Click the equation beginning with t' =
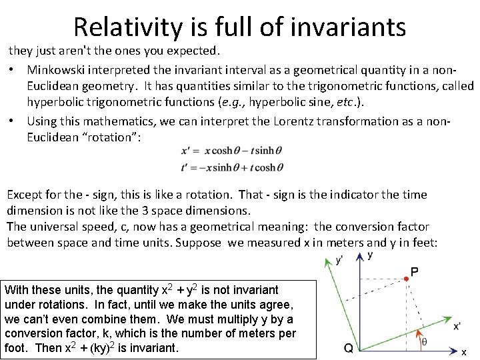(x=231, y=167)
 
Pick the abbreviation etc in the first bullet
(x=344, y=102)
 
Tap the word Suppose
(x=200, y=243)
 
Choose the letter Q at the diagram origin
(x=348, y=347)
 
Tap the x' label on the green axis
(x=457, y=326)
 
